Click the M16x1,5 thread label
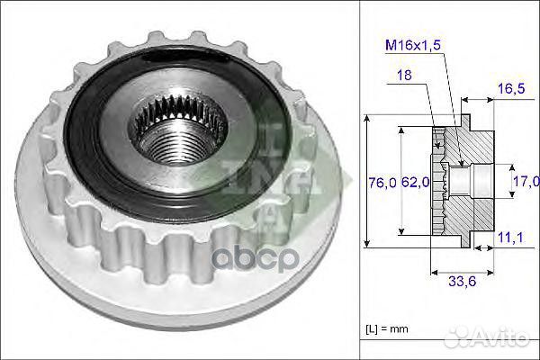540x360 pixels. pos(413,45)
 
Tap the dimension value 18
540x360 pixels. pos(404,75)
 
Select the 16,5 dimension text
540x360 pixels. pos(512,89)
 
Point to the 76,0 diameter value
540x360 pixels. pos(382,182)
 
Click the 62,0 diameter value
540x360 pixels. pos(416,182)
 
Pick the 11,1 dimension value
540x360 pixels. pos(511,238)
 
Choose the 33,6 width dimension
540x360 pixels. pos(462,282)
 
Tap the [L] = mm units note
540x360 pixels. pos(387,328)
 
